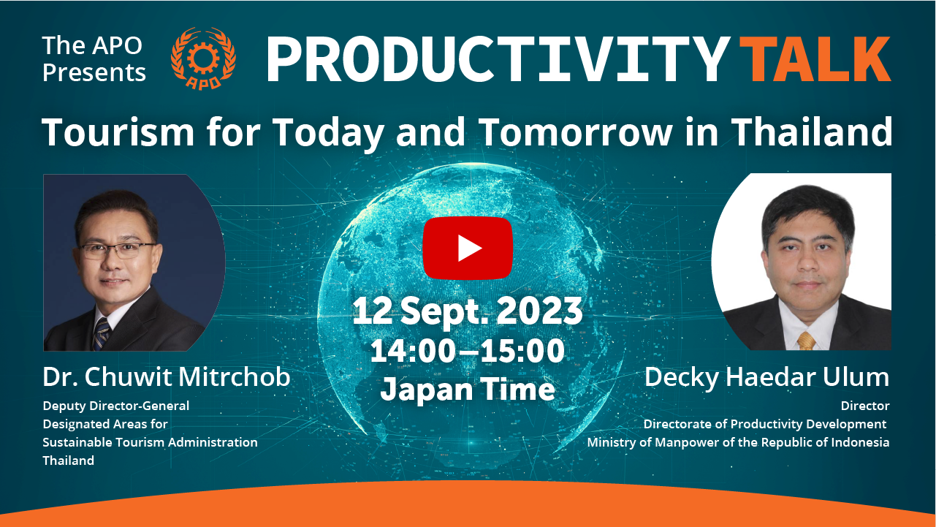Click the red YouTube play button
click(468, 248)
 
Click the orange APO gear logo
click(204, 58)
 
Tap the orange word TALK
click(815, 59)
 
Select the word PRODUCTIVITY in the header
click(498, 59)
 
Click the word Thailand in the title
click(812, 132)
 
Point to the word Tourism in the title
click(118, 132)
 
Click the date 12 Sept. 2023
click(468, 311)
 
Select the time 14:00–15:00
click(468, 351)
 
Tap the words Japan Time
click(468, 389)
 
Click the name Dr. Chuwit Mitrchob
click(167, 376)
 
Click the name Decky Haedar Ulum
click(767, 377)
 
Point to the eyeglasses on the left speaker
click(117, 250)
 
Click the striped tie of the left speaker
click(102, 333)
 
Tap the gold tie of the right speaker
click(806, 341)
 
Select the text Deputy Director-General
click(116, 406)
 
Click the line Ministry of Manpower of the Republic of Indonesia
click(739, 442)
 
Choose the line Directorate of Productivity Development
click(765, 424)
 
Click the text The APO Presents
click(94, 59)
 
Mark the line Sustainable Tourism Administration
click(150, 442)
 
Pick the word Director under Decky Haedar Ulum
click(865, 406)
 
